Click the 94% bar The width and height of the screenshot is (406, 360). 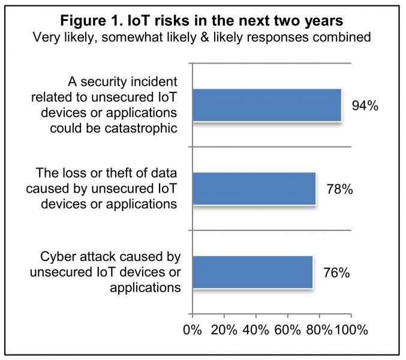tap(267, 105)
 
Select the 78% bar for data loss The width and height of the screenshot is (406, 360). tap(254, 189)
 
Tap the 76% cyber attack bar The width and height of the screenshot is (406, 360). tap(252, 272)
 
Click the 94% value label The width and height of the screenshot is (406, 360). tap(365, 106)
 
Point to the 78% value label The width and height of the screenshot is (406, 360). tap(339, 189)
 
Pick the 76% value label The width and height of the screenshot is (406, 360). tap(336, 273)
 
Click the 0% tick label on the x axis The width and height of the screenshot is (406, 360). tap(193, 330)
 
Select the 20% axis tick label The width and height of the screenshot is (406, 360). tap(224, 330)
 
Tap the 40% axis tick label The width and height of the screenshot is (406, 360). tap(256, 330)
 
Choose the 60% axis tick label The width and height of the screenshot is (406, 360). tap(288, 330)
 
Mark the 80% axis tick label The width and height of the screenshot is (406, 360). tap(319, 330)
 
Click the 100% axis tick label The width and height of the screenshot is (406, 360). tap(351, 330)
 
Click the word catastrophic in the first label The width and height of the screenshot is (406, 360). tap(141, 128)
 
